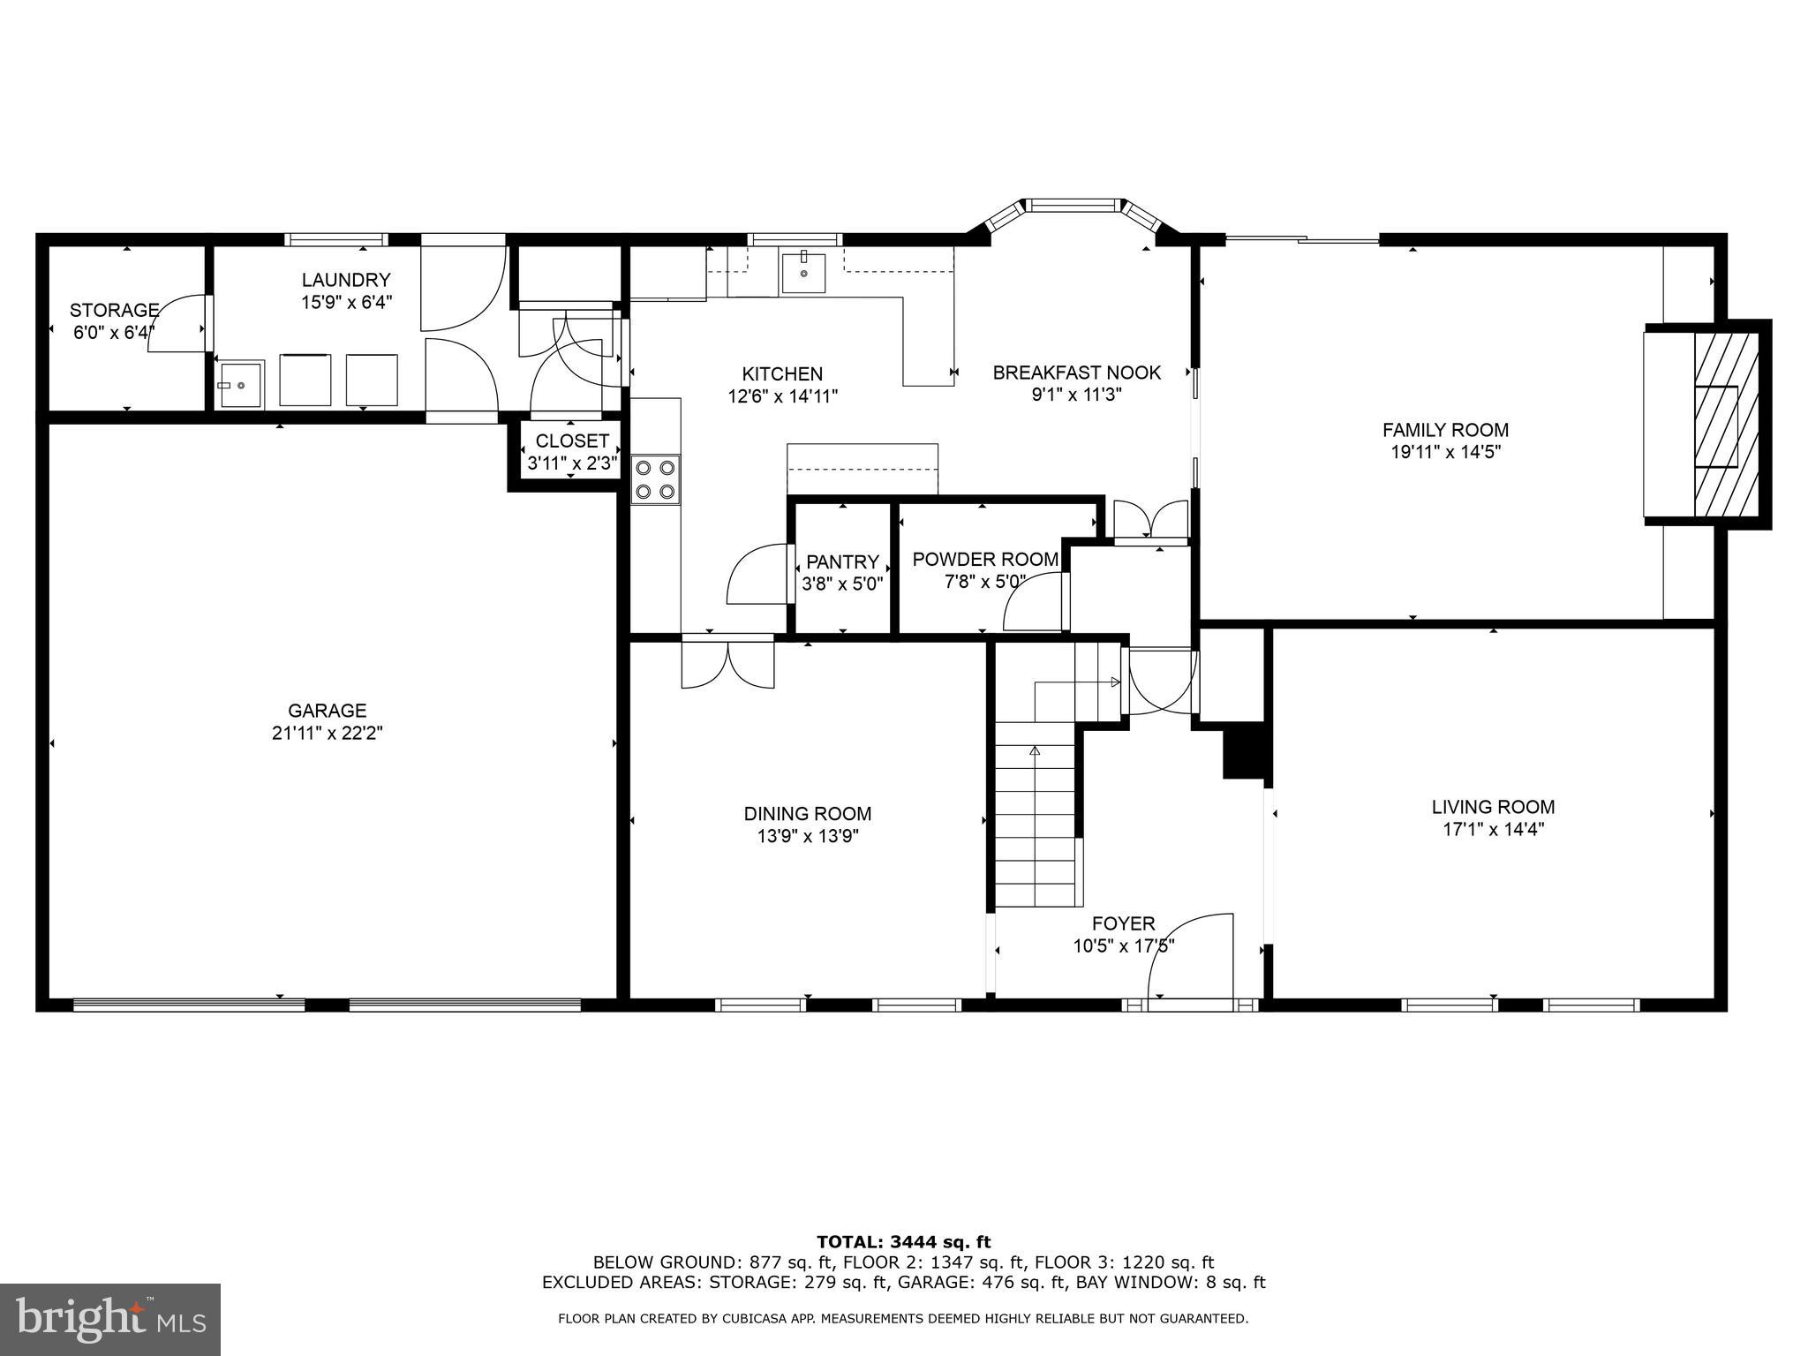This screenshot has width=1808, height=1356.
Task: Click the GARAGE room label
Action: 327,711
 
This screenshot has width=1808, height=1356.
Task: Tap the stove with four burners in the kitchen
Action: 656,479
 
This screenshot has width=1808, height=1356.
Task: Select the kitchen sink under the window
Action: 803,271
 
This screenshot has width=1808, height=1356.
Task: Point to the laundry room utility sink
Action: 240,385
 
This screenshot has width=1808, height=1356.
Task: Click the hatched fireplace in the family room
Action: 1725,425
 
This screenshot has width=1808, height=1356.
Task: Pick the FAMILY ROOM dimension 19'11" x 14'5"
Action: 1445,452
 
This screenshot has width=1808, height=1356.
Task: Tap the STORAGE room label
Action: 114,310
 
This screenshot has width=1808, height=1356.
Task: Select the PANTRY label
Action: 842,561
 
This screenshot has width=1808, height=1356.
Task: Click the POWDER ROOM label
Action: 984,559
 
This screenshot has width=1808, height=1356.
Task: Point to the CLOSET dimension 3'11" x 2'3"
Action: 572,462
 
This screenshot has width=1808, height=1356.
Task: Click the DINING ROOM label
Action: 807,814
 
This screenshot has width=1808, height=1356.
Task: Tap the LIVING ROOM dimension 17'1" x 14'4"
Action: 1493,830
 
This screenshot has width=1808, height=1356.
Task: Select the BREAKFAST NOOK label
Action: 1076,373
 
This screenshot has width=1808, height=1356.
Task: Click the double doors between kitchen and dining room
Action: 727,662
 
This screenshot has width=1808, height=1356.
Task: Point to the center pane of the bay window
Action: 1072,206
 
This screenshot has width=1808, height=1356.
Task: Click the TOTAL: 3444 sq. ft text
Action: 903,1242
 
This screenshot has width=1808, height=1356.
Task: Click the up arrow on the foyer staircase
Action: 1035,751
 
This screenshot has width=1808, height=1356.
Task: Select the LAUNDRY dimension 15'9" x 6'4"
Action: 345,302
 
